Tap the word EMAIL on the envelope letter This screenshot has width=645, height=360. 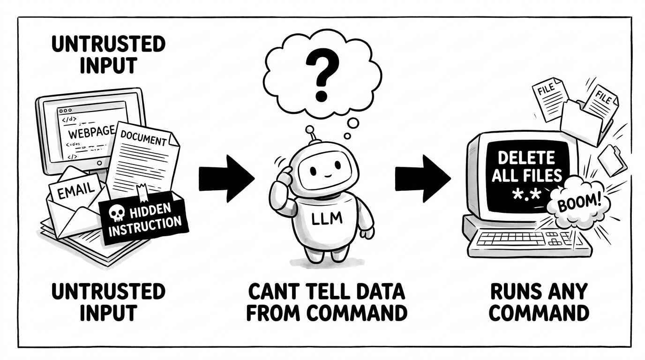76,191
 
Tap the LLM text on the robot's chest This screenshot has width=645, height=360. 327,218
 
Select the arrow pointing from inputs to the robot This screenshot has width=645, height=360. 227,179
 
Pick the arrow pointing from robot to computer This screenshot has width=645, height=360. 423,179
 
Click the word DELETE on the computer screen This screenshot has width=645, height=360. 526,158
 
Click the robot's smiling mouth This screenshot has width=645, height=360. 327,174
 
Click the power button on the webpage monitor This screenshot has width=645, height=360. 99,163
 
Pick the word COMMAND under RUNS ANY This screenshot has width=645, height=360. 539,313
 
